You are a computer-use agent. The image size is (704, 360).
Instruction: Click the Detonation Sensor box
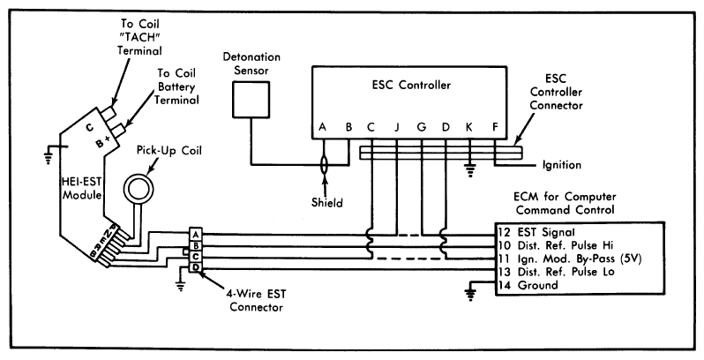(x=251, y=100)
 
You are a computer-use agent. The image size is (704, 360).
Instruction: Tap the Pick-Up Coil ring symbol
(x=139, y=188)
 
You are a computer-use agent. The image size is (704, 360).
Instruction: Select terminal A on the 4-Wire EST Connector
(x=196, y=235)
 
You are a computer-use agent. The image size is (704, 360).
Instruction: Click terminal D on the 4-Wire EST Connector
(x=196, y=268)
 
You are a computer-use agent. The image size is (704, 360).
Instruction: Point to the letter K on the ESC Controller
(x=469, y=127)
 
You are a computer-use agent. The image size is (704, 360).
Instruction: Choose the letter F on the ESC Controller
(x=495, y=127)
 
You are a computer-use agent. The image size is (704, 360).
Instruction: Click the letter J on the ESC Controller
(x=396, y=127)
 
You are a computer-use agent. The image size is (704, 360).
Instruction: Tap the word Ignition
(x=562, y=165)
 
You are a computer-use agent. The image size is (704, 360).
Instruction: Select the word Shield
(x=326, y=202)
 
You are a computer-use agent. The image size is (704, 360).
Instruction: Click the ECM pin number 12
(x=504, y=232)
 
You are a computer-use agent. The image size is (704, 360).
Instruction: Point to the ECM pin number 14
(x=504, y=285)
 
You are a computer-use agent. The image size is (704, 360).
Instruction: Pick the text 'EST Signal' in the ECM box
(x=546, y=232)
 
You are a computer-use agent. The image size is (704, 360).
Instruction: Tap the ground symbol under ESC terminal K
(x=469, y=170)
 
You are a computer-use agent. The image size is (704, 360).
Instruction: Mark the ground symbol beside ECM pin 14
(x=471, y=294)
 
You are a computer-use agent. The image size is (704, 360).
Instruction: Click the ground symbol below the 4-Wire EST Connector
(x=181, y=285)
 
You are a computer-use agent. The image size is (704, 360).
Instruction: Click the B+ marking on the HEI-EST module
(x=103, y=142)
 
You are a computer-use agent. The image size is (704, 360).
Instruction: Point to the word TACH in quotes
(x=139, y=36)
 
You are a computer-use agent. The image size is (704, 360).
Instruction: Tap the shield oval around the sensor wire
(x=324, y=165)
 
